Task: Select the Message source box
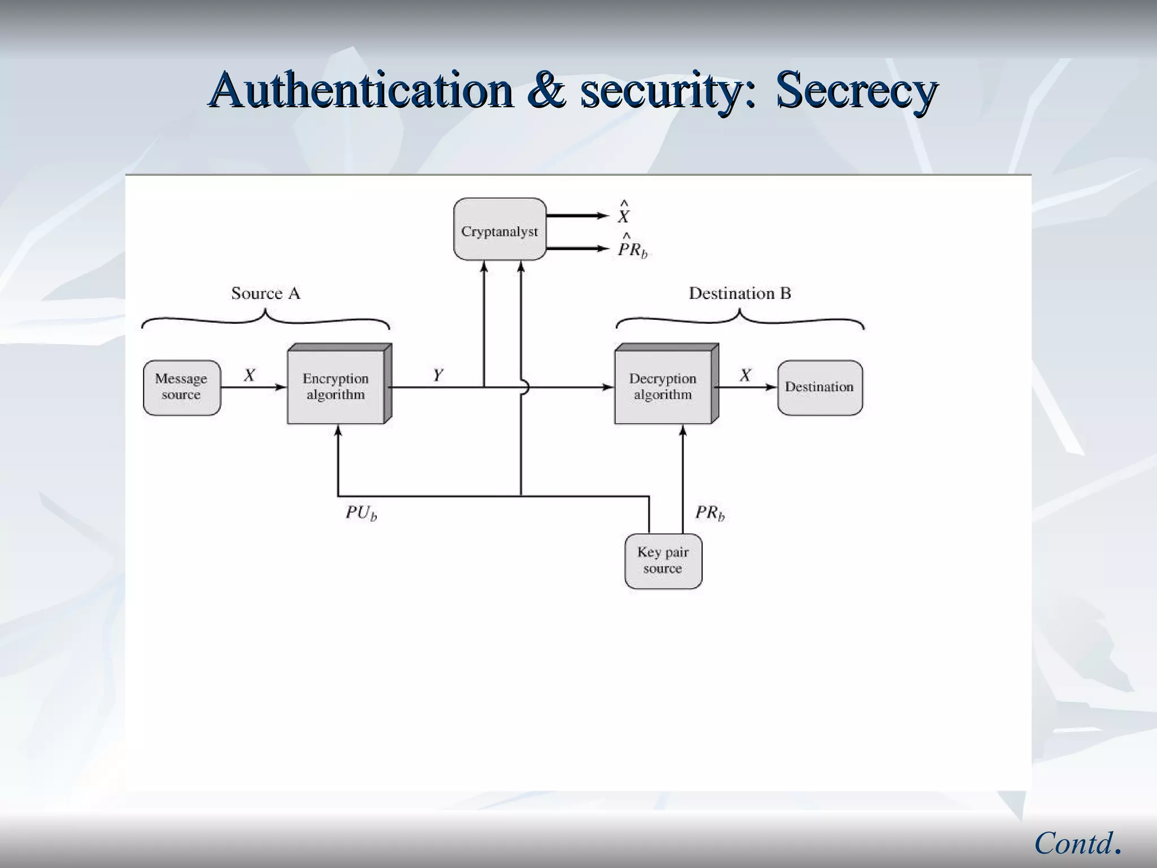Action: pyautogui.click(x=181, y=388)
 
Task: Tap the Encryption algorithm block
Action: pyautogui.click(x=336, y=386)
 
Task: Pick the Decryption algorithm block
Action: pyautogui.click(x=663, y=386)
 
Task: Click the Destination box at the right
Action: pyautogui.click(x=820, y=388)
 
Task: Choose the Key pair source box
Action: pyautogui.click(x=663, y=561)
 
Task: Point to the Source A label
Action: pyautogui.click(x=266, y=293)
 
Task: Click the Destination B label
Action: pyautogui.click(x=740, y=293)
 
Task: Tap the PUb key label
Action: pyautogui.click(x=361, y=513)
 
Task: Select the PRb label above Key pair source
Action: pyautogui.click(x=710, y=513)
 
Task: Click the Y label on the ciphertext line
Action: pyautogui.click(x=438, y=375)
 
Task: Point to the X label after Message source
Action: pyautogui.click(x=249, y=375)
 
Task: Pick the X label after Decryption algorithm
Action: pyautogui.click(x=745, y=375)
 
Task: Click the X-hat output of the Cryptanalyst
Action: pyautogui.click(x=624, y=214)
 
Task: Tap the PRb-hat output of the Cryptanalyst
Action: pyautogui.click(x=632, y=248)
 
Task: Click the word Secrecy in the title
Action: pyautogui.click(x=856, y=90)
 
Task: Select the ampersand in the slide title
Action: pyautogui.click(x=546, y=90)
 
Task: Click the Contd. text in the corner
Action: pyautogui.click(x=1077, y=844)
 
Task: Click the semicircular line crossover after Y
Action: pyautogui.click(x=524, y=388)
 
